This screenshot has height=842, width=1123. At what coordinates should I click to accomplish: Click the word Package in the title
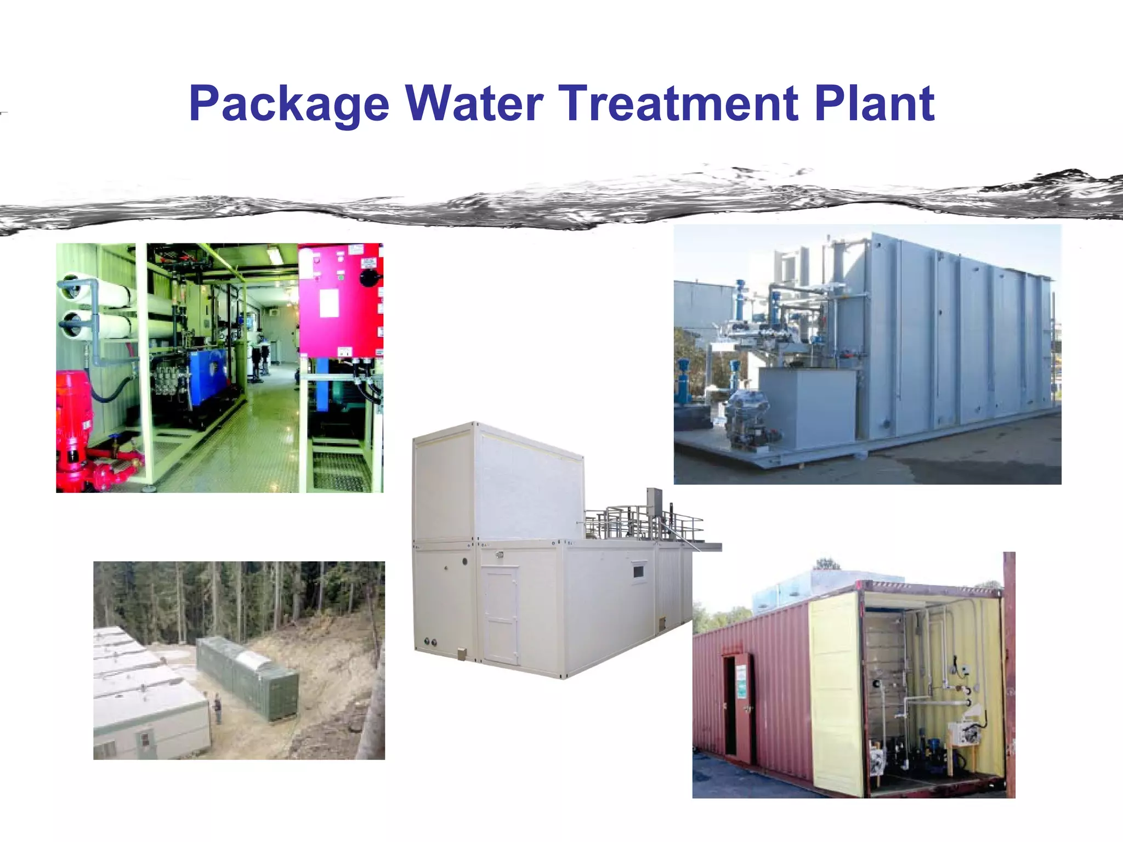[289, 104]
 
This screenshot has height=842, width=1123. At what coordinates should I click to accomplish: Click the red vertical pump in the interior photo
[73, 422]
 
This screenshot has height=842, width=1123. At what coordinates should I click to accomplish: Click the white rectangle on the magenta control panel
[328, 303]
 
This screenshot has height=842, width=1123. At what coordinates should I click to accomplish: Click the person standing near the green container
[218, 707]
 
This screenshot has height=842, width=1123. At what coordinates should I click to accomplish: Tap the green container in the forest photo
[247, 677]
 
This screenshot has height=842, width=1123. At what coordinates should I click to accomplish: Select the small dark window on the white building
[638, 572]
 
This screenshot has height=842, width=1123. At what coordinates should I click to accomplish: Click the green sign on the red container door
[741, 682]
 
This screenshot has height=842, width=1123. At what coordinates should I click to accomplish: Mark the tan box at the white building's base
[461, 653]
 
